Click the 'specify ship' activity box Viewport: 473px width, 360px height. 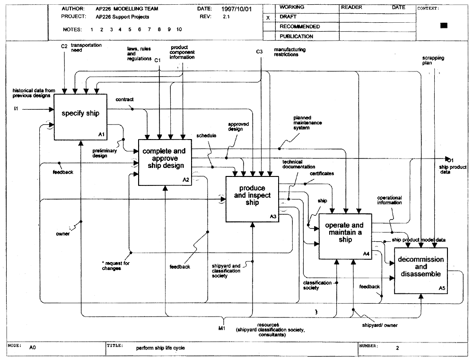pyautogui.click(x=80, y=117)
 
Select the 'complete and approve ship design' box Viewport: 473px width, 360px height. pyautogui.click(x=165, y=162)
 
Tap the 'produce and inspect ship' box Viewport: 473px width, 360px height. pyautogui.click(x=253, y=199)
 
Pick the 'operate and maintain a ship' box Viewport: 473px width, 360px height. pyautogui.click(x=345, y=236)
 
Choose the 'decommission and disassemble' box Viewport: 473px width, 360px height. pyautogui.click(x=421, y=271)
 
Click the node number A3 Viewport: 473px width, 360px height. pyautogui.click(x=273, y=217)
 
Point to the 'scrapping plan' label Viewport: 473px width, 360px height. pyautogui.click(x=433, y=61)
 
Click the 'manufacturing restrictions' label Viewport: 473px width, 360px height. pyautogui.click(x=289, y=52)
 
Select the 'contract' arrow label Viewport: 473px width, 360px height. pyautogui.click(x=124, y=99)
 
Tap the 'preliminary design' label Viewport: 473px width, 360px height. pyautogui.click(x=105, y=153)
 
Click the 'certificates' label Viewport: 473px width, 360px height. pyautogui.click(x=322, y=174)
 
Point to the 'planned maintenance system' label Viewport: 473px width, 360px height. pyautogui.click(x=307, y=123)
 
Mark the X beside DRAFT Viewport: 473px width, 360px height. pyautogui.click(x=268, y=18)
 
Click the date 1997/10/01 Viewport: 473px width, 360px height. pyautogui.click(x=236, y=9)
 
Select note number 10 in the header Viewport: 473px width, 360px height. pyautogui.click(x=179, y=29)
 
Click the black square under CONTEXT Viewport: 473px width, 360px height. pyautogui.click(x=444, y=26)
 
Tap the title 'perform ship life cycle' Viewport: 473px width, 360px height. pyautogui.click(x=160, y=348)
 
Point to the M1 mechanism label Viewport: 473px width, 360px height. pyautogui.click(x=222, y=328)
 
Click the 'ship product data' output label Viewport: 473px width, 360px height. pyautogui.click(x=453, y=169)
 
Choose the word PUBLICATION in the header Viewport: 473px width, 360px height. pyautogui.click(x=296, y=36)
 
